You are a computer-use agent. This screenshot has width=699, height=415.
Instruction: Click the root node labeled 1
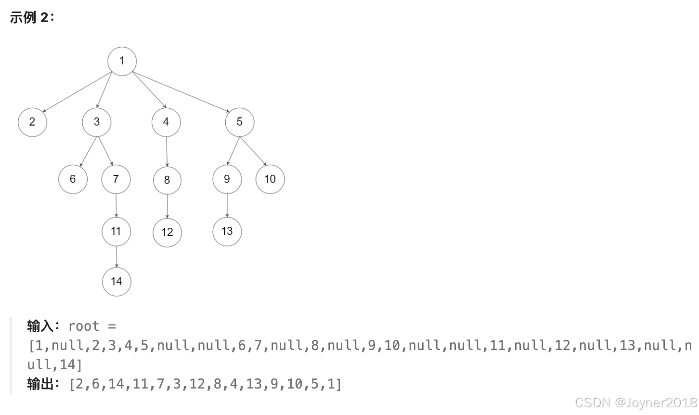tap(122, 61)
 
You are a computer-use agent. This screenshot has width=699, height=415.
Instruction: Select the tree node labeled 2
tap(32, 122)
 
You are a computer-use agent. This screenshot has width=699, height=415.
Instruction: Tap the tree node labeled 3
tap(97, 122)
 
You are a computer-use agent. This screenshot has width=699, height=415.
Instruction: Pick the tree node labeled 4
tap(166, 122)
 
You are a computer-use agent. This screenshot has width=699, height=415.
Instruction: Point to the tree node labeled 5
tap(240, 122)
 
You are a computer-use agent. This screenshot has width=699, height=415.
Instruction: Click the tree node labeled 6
tap(73, 180)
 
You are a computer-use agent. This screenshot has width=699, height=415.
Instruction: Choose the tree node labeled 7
tap(116, 180)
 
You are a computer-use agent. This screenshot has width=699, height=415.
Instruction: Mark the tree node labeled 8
tap(167, 181)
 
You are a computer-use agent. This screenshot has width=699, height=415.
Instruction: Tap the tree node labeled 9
tap(227, 180)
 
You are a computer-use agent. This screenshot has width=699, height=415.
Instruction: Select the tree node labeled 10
tap(270, 180)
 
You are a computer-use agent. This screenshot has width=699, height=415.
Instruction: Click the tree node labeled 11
tap(116, 232)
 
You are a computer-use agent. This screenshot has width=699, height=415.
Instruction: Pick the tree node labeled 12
tap(167, 233)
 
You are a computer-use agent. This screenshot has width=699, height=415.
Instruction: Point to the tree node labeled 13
tap(227, 232)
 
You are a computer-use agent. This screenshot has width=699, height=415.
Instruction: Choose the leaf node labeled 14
tap(116, 282)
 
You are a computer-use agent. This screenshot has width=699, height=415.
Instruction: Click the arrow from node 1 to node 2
tap(77, 92)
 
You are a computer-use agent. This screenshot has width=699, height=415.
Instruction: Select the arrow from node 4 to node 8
tap(167, 152)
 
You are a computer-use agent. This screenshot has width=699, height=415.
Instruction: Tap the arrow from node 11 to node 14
tap(116, 257)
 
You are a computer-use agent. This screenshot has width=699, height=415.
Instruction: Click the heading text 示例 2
tap(31, 18)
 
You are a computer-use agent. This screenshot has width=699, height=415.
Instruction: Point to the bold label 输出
tap(40, 384)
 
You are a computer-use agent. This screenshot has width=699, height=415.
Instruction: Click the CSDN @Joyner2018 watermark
tap(636, 402)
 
